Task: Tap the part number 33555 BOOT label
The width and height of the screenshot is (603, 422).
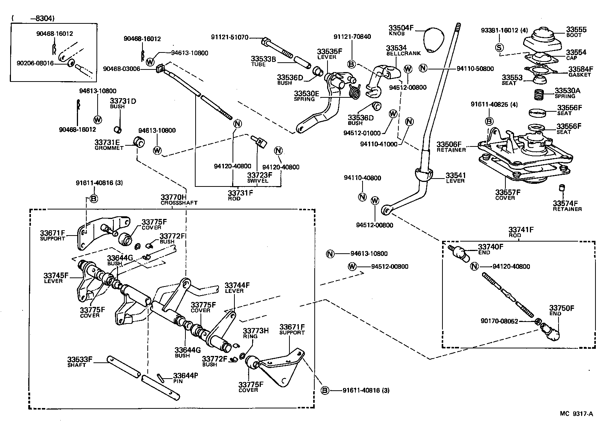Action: coord(576,32)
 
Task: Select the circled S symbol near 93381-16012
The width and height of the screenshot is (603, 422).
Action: coord(499,47)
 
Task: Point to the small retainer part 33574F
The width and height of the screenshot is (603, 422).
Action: coord(562,187)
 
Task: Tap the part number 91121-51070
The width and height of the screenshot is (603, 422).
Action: coord(230,37)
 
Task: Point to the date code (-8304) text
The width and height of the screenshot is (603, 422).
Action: coord(33,18)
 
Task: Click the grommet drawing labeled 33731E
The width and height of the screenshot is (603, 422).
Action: coord(140,143)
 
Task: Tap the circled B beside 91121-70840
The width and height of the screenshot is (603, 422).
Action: coord(351,65)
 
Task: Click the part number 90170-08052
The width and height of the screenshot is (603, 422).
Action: coord(499,321)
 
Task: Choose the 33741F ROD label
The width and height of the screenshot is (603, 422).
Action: coord(521,231)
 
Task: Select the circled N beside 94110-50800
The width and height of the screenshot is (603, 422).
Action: coord(423,68)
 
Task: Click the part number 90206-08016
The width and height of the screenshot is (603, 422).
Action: coord(35,63)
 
